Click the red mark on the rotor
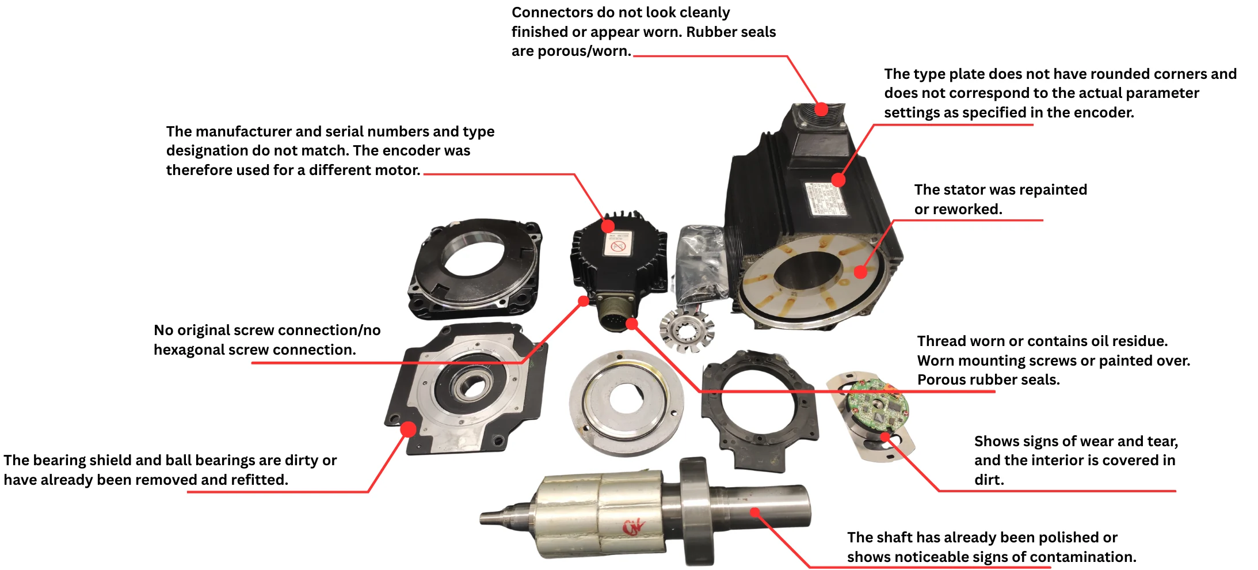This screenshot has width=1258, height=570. (633, 527)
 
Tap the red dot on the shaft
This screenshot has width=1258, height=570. (755, 511)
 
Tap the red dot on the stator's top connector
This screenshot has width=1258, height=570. (822, 109)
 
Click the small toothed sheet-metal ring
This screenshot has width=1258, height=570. (686, 330)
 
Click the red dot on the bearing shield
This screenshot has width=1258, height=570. (408, 429)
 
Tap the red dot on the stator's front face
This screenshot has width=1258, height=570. (860, 271)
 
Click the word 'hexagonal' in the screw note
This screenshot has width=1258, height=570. (188, 349)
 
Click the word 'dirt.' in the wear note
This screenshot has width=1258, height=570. (989, 480)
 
